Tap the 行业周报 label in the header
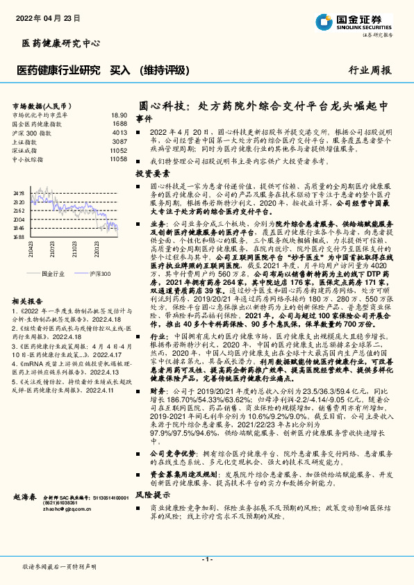point(370,69)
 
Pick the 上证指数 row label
point(26,141)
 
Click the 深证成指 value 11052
point(118,150)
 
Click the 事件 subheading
point(143,119)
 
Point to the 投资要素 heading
point(152,174)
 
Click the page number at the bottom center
point(206,559)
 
